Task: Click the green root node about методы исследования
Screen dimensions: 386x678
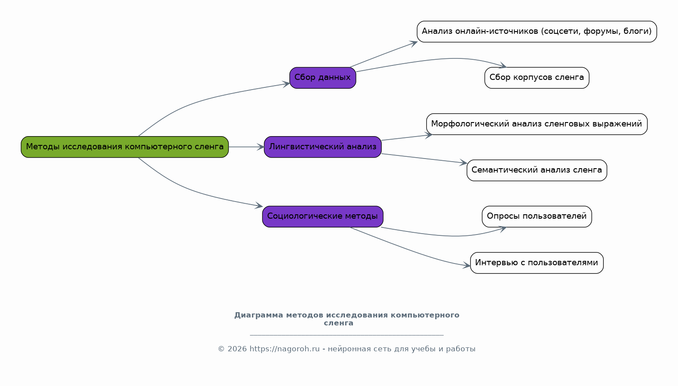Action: (125, 147)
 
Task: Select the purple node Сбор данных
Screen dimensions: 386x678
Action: (323, 78)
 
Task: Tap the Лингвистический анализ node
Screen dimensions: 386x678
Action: (323, 147)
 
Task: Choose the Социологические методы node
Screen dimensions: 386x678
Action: (323, 216)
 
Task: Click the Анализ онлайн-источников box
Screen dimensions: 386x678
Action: (537, 32)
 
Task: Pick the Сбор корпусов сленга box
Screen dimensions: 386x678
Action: (537, 78)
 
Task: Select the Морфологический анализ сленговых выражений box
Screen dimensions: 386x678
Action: (537, 124)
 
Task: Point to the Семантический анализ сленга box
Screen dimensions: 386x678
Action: (537, 170)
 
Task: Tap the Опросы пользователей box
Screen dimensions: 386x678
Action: (537, 216)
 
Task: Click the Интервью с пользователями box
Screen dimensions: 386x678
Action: (537, 263)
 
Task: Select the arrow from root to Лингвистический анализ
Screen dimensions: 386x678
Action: (246, 147)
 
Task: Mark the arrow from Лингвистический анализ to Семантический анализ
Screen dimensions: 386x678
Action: (424, 159)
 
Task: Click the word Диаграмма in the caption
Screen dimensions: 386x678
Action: (258, 315)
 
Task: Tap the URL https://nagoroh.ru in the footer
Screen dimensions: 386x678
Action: (284, 349)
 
